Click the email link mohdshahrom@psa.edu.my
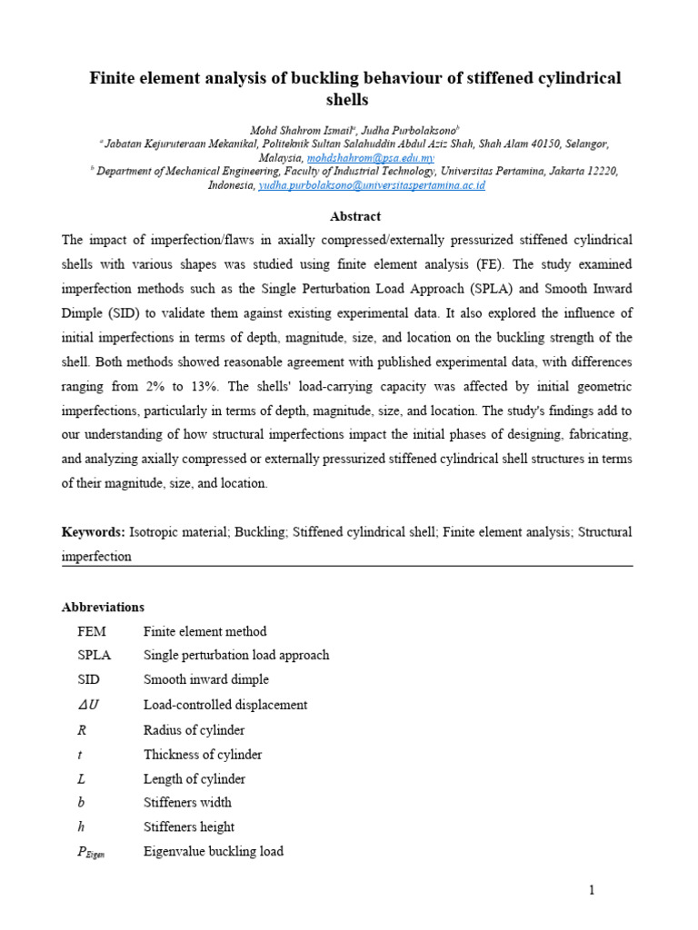click(357, 157)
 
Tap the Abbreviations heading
click(103, 607)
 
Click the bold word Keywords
click(93, 531)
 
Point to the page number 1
click(592, 890)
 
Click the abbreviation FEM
click(93, 631)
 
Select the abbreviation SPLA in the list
click(95, 655)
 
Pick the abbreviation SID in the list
click(89, 679)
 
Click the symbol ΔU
click(89, 705)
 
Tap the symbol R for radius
click(83, 729)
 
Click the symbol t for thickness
click(81, 755)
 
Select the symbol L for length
click(83, 778)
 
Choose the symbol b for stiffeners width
click(82, 802)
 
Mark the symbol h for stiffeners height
click(82, 826)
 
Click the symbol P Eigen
click(92, 852)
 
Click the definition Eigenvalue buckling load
click(214, 851)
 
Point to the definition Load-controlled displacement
click(225, 705)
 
